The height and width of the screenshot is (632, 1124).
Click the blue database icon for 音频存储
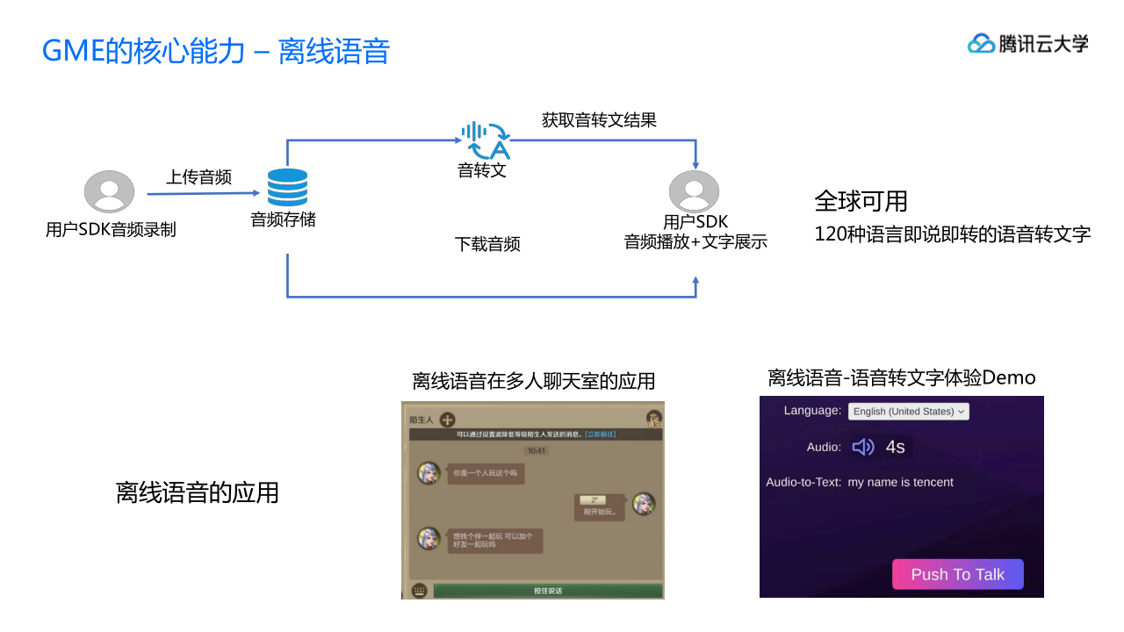tap(287, 188)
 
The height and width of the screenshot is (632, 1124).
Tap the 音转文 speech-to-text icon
tap(485, 140)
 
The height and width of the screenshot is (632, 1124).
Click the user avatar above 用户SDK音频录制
tap(109, 191)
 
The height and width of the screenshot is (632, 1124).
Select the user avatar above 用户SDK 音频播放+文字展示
tap(694, 191)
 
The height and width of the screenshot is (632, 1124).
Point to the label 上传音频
tap(199, 177)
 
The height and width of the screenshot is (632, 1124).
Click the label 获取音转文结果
tap(599, 120)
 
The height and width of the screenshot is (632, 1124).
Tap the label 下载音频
tap(487, 244)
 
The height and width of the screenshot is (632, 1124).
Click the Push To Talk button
tap(957, 574)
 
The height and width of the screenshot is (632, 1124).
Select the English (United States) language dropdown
tap(909, 411)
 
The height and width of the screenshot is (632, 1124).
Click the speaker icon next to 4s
tap(863, 447)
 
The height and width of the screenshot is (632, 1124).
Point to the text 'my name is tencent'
tap(900, 482)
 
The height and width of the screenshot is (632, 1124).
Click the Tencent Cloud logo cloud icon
tap(980, 43)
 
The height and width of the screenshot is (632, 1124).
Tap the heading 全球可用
tap(861, 201)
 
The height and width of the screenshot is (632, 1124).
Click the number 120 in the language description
tap(830, 234)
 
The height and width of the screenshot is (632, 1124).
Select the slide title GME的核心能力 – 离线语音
tap(216, 51)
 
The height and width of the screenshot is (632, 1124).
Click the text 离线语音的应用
tap(197, 492)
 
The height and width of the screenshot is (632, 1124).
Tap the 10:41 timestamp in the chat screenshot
tap(536, 450)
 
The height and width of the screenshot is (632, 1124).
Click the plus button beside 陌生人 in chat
tap(448, 420)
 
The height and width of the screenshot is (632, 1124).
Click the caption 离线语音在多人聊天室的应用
tap(534, 381)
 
